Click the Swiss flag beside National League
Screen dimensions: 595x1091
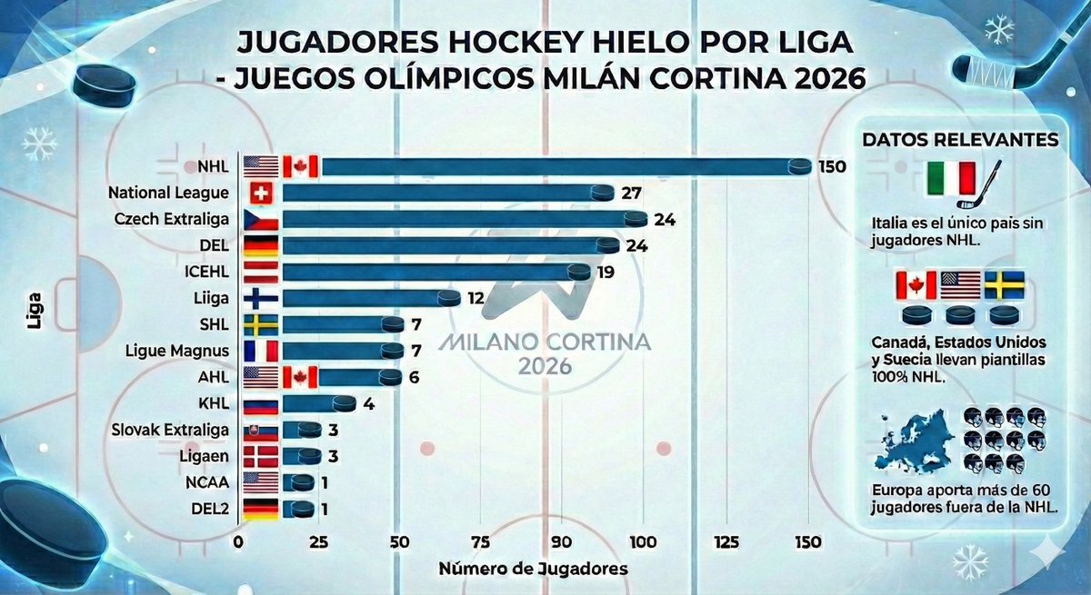(x=260, y=193)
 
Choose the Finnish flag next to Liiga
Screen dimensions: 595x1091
(x=260, y=298)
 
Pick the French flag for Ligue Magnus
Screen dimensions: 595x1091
(x=260, y=351)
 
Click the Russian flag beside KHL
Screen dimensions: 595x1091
(x=260, y=403)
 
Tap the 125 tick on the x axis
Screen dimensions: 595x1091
(x=725, y=542)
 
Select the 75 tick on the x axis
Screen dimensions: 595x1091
(x=481, y=542)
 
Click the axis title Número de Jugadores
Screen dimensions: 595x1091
(x=533, y=570)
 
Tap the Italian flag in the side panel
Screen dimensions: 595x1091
(x=950, y=179)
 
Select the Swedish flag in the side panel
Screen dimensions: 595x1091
(x=1005, y=285)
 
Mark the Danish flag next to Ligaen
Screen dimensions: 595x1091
(x=260, y=456)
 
